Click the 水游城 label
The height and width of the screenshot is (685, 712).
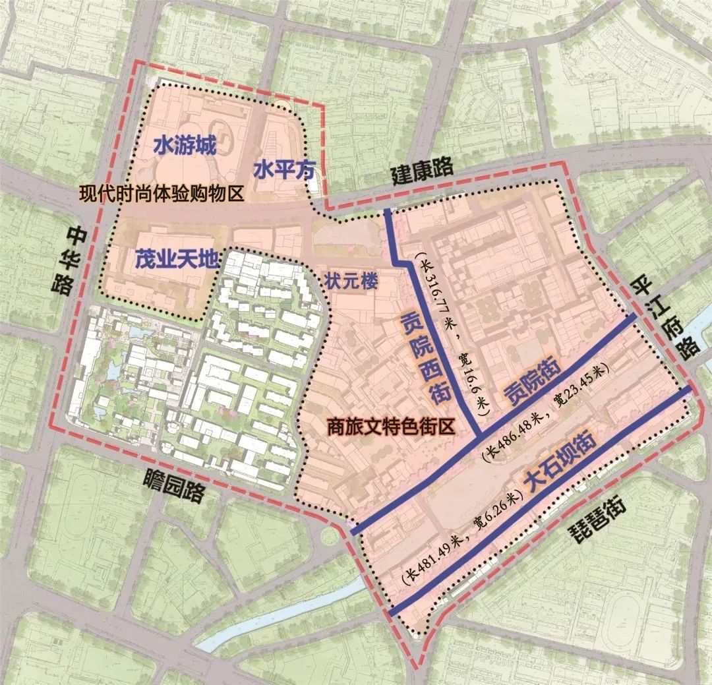185,145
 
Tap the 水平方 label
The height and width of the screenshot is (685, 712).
280,169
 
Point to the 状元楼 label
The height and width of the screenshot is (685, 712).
351,281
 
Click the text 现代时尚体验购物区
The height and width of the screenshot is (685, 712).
162,193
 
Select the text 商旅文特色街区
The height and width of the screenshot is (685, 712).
391,425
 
